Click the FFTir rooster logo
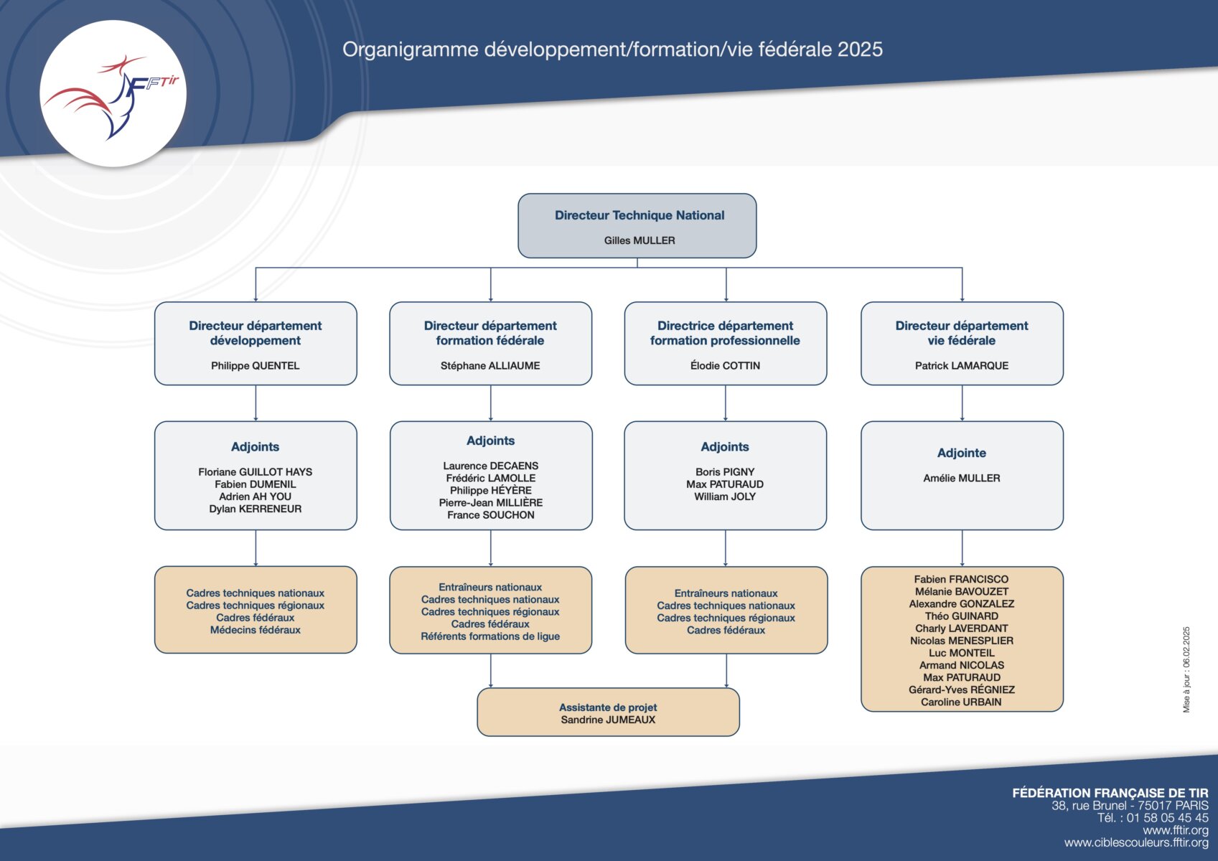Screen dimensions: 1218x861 [113, 93]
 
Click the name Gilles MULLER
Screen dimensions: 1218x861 [640, 240]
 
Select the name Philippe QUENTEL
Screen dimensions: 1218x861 [255, 366]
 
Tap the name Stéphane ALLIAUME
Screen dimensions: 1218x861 [490, 366]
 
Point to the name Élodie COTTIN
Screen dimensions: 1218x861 [726, 366]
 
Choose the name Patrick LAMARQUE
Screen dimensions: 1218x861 [961, 366]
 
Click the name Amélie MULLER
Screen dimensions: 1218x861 [961, 479]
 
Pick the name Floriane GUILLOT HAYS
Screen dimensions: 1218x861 [255, 472]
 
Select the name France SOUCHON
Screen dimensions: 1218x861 [490, 514]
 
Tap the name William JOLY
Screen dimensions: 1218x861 [725, 497]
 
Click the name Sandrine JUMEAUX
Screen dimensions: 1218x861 [608, 720]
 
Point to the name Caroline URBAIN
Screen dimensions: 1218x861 [961, 702]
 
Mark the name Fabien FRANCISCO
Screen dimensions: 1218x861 [961, 580]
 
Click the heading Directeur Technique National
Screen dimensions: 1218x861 [640, 215]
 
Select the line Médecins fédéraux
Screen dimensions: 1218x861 [255, 630]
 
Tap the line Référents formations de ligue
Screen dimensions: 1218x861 [490, 636]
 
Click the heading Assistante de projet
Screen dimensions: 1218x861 [608, 707]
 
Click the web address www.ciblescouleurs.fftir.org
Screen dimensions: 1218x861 [1136, 843]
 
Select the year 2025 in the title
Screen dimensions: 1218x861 [860, 50]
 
